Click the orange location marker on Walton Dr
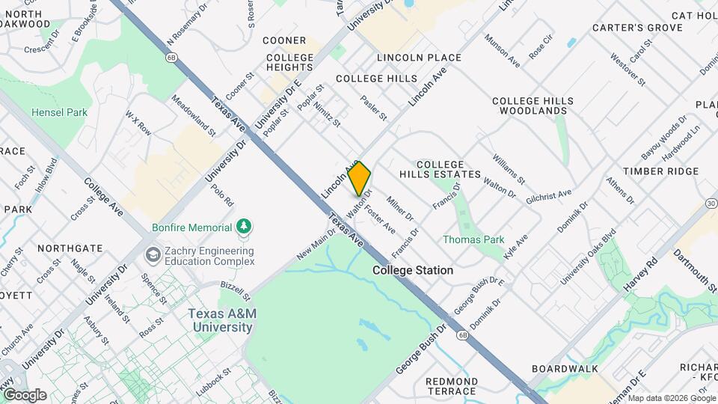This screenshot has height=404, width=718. [360, 178]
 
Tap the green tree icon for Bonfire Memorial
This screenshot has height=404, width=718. [242, 226]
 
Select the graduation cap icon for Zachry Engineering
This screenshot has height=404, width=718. [153, 255]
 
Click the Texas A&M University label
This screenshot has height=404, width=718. [222, 320]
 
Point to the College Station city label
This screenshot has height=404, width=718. [412, 270]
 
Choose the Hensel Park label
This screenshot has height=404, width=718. [59, 113]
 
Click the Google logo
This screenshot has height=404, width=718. [24, 394]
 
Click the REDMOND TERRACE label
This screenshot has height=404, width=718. [451, 386]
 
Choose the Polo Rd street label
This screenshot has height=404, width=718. [222, 195]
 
